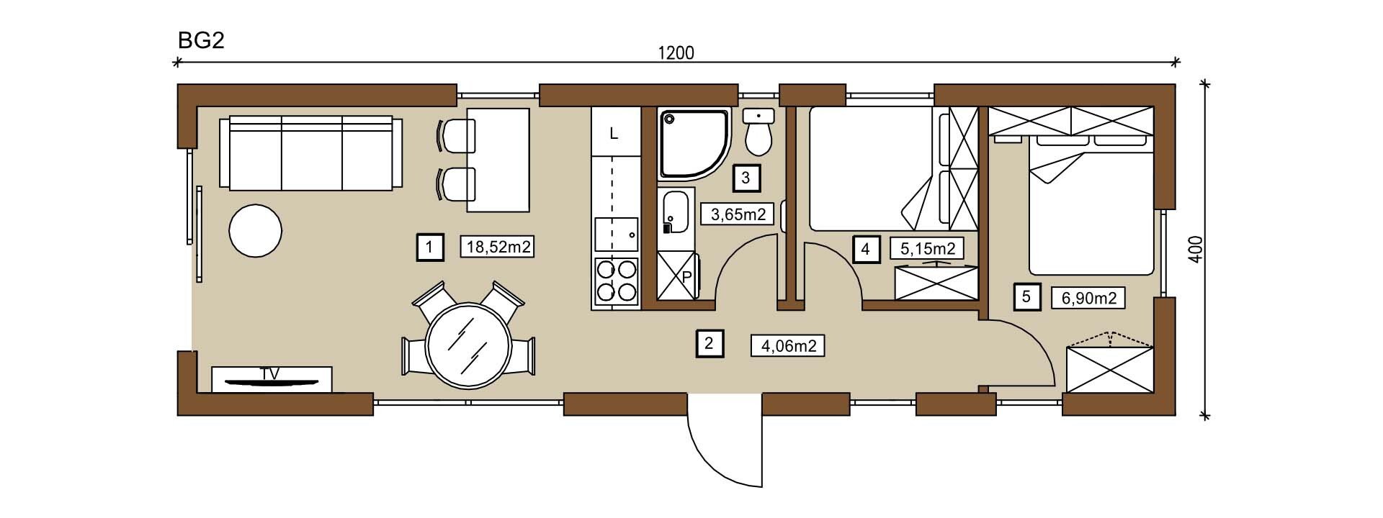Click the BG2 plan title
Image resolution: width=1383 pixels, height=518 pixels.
click(202, 40)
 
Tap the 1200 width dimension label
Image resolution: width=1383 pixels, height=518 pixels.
click(676, 53)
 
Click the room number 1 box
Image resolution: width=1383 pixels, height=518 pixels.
click(429, 247)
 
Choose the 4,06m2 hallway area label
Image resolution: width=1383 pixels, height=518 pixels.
click(787, 345)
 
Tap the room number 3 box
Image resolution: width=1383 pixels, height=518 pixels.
click(746, 177)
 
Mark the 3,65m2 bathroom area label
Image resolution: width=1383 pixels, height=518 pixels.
click(738, 214)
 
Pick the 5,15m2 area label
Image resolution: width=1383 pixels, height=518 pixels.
click(928, 249)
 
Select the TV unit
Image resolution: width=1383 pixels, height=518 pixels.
click(272, 379)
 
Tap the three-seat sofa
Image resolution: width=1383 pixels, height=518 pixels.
click(312, 153)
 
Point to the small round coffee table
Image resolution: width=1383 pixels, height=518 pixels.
click(255, 231)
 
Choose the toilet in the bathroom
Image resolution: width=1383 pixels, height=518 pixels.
click(758, 133)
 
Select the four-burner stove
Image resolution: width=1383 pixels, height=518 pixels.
click(616, 281)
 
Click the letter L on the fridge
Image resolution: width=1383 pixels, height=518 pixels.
click(614, 134)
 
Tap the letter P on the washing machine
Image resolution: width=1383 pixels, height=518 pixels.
click(686, 277)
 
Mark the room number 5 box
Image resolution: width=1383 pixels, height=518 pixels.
click(1027, 296)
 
